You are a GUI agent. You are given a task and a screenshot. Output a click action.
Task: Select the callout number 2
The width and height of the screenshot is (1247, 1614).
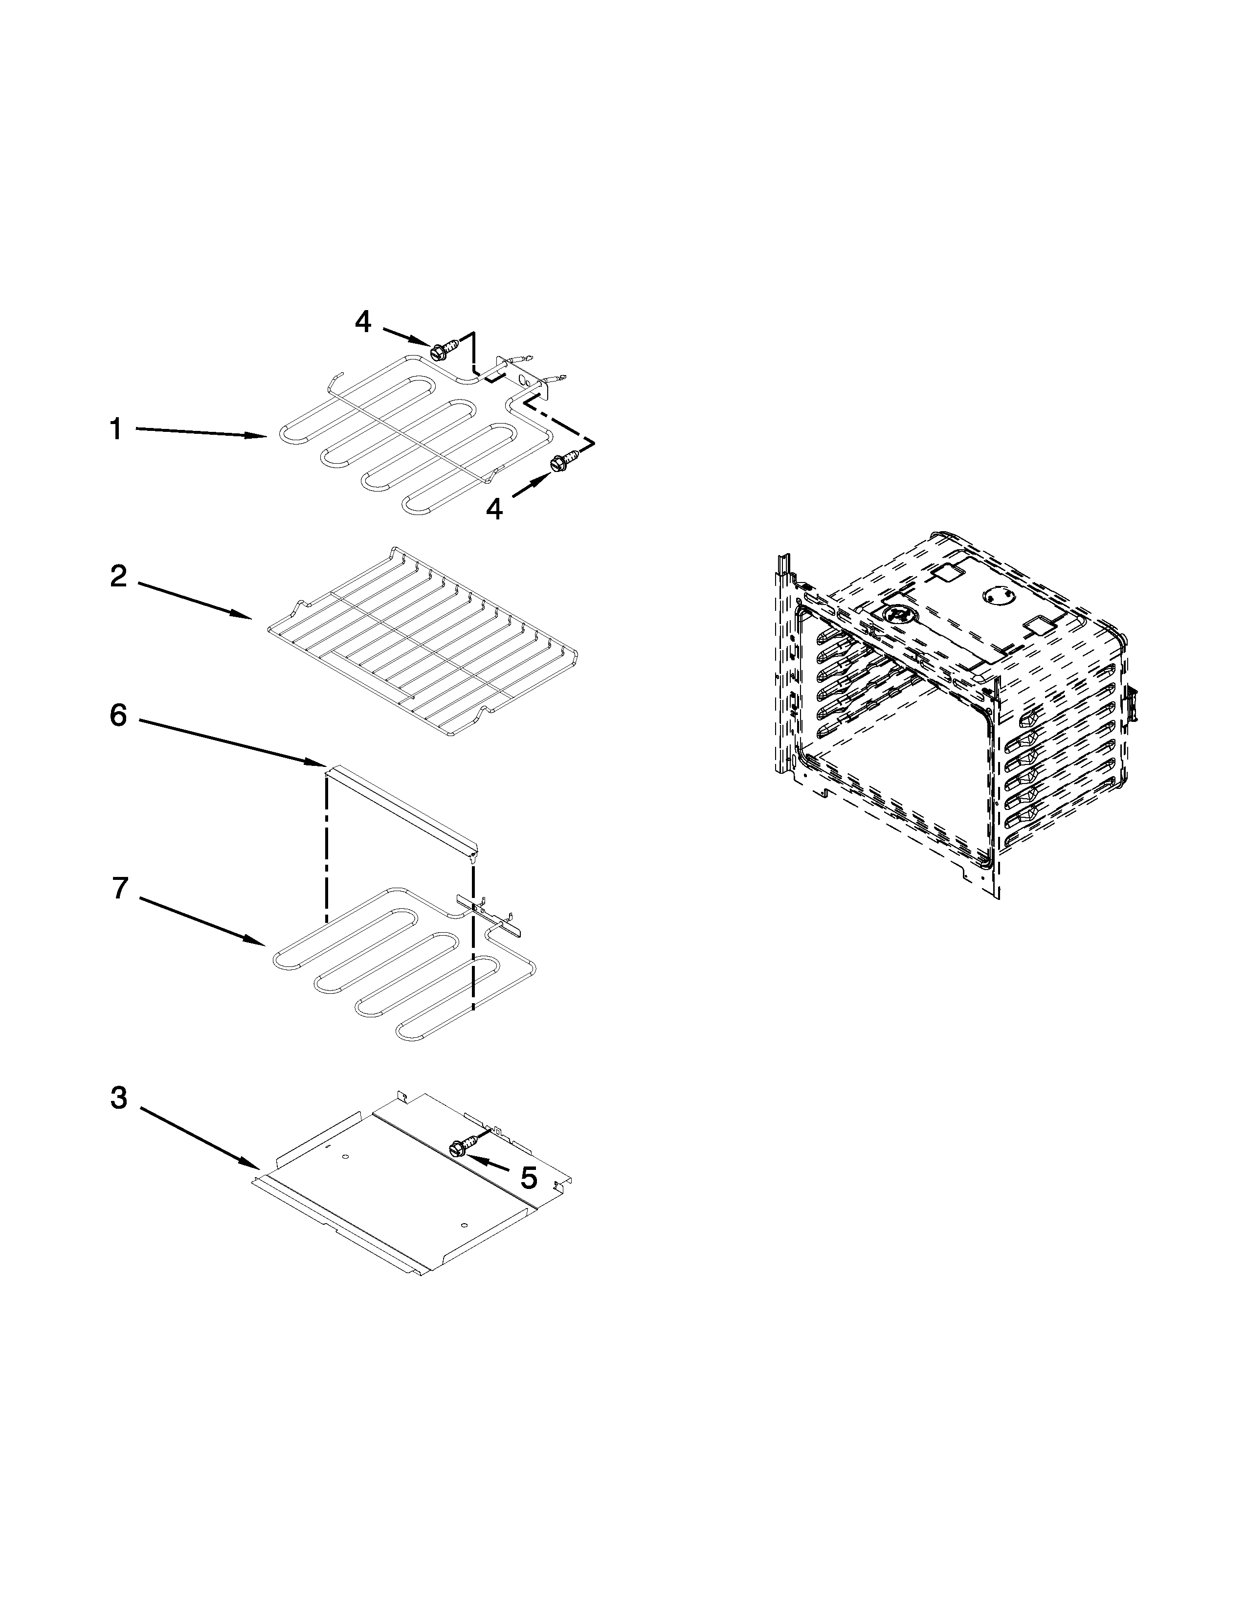[x=118, y=577]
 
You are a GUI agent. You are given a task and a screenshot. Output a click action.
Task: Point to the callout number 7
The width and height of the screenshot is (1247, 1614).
[x=120, y=888]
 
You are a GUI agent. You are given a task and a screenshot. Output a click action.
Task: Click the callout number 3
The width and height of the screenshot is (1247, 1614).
[x=119, y=1098]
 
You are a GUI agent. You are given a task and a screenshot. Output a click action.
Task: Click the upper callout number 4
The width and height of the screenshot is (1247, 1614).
[x=363, y=321]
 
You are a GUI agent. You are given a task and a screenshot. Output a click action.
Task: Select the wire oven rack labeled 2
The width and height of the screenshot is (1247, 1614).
[x=421, y=642]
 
